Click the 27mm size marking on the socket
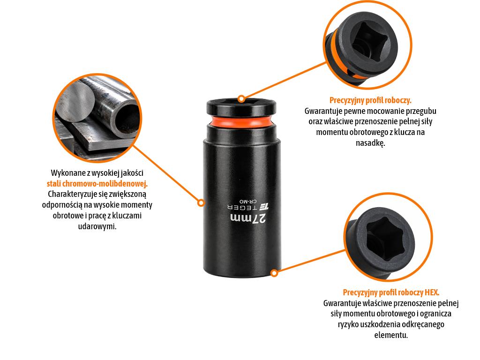pyautogui.click(x=248, y=218)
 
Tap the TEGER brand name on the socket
pyautogui.click(x=243, y=207)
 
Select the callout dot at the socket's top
pyautogui.click(x=241, y=98)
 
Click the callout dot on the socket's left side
pyautogui.click(x=201, y=202)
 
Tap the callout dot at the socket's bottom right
pyautogui.click(x=274, y=273)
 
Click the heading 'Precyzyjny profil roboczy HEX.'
pyautogui.click(x=391, y=292)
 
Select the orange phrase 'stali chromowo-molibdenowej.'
pyautogui.click(x=97, y=184)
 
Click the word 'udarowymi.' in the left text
pyautogui.click(x=97, y=226)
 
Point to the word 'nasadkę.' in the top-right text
pyautogui.click(x=370, y=142)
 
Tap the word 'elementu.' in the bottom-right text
pyautogui.click(x=391, y=335)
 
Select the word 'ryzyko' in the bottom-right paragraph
pyautogui.click(x=349, y=324)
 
